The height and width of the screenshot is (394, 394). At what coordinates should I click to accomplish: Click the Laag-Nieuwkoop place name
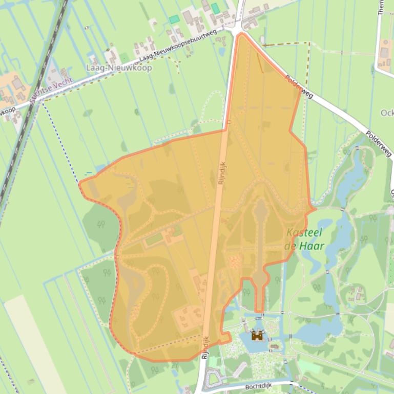(119, 68)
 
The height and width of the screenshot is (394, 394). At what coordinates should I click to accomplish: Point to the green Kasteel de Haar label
(304, 239)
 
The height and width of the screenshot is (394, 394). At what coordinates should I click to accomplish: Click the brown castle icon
(257, 336)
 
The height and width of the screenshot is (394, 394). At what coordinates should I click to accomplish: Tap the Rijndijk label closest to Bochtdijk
(205, 347)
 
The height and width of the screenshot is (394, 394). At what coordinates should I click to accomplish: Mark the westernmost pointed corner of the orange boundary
(79, 183)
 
